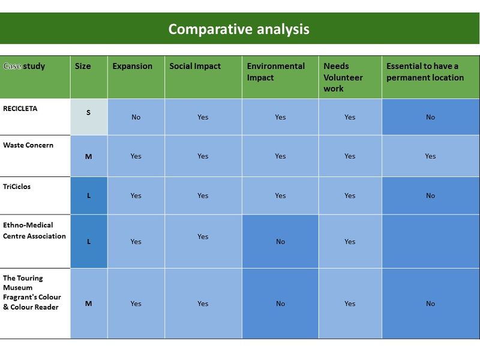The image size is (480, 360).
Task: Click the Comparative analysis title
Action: (x=239, y=29)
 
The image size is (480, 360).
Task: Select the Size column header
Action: (x=83, y=66)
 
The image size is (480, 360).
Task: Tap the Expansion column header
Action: (x=132, y=67)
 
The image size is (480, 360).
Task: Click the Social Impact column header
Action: (x=195, y=67)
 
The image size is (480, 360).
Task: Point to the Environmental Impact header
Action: (x=276, y=72)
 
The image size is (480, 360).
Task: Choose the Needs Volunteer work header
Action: (x=343, y=77)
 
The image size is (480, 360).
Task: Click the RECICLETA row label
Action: (x=20, y=109)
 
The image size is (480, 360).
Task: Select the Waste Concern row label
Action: (x=28, y=145)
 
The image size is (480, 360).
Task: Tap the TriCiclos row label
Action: (x=17, y=187)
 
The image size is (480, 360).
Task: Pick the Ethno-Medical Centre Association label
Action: (x=34, y=230)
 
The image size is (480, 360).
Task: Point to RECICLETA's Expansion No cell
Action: (x=136, y=117)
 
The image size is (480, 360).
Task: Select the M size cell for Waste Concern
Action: (x=88, y=157)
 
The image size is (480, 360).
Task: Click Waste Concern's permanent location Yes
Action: (x=430, y=156)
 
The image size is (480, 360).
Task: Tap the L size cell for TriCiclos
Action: (x=89, y=196)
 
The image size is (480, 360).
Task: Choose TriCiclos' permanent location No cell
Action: (x=430, y=196)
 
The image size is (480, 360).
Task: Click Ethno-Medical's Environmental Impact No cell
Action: (x=280, y=242)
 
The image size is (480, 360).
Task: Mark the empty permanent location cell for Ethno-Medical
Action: (x=431, y=242)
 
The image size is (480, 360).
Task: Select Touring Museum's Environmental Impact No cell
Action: (x=280, y=304)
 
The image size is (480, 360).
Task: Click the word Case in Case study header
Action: (x=12, y=66)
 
